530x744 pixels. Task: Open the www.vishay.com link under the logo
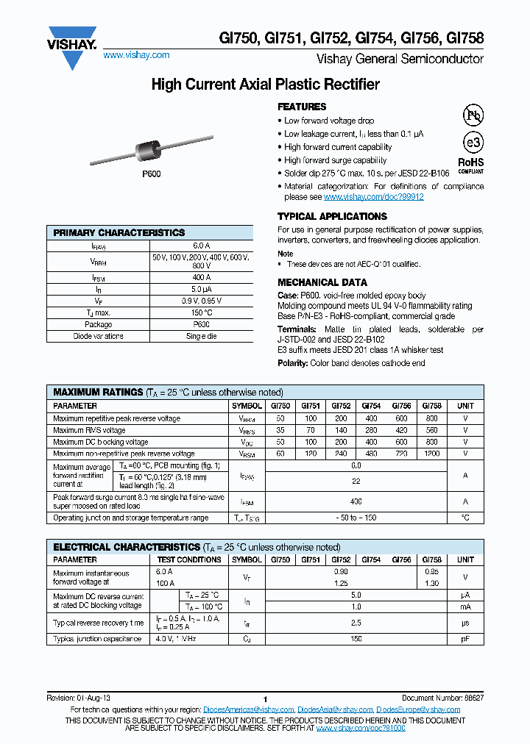coord(136,55)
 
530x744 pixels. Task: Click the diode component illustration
coord(152,151)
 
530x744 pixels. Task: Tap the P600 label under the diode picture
coord(151,174)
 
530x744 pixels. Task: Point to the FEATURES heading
coord(302,107)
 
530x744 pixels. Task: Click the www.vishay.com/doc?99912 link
coord(373,197)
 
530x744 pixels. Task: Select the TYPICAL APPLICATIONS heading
coord(332,217)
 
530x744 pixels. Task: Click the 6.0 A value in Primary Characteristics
coord(202,246)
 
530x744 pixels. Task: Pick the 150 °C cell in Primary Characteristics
coord(202,312)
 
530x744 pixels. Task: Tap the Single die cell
coord(202,336)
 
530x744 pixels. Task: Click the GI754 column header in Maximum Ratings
coord(371,406)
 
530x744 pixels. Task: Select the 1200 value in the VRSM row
coord(431,454)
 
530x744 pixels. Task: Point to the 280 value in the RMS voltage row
coord(371,430)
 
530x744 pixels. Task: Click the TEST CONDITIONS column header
coord(189,559)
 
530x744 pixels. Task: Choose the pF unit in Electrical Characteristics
coord(465,639)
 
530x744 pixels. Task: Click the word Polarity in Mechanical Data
coord(292,363)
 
